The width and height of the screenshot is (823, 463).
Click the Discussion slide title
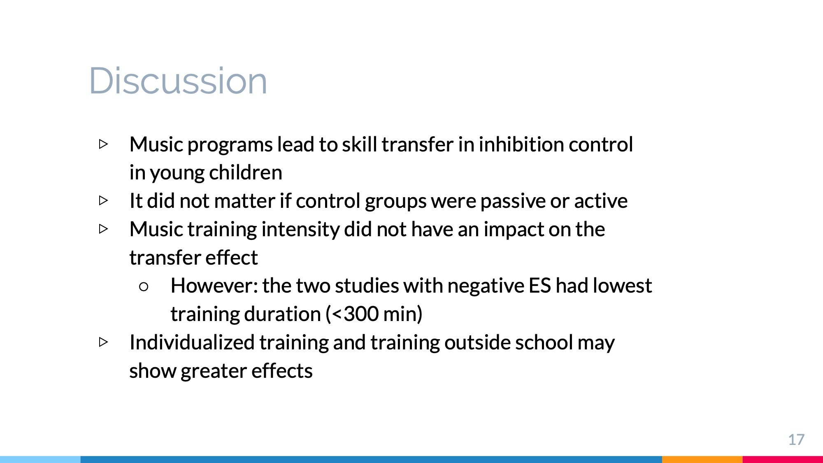[178, 81]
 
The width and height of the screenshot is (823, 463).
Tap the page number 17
[796, 440]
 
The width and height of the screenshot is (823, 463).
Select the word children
[246, 172]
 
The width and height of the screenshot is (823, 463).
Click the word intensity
[300, 230]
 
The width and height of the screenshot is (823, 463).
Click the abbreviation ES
[539, 286]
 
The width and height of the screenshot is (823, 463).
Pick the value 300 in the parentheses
[361, 314]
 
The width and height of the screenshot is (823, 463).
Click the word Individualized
[192, 342]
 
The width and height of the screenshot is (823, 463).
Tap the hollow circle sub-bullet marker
[144, 287]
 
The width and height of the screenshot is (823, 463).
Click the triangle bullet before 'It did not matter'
[103, 200]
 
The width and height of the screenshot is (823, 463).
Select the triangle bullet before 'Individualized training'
[103, 342]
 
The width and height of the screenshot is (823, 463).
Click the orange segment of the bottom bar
[702, 459]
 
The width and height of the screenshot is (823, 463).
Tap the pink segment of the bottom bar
[783, 459]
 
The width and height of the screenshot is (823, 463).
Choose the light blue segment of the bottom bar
[40, 459]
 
